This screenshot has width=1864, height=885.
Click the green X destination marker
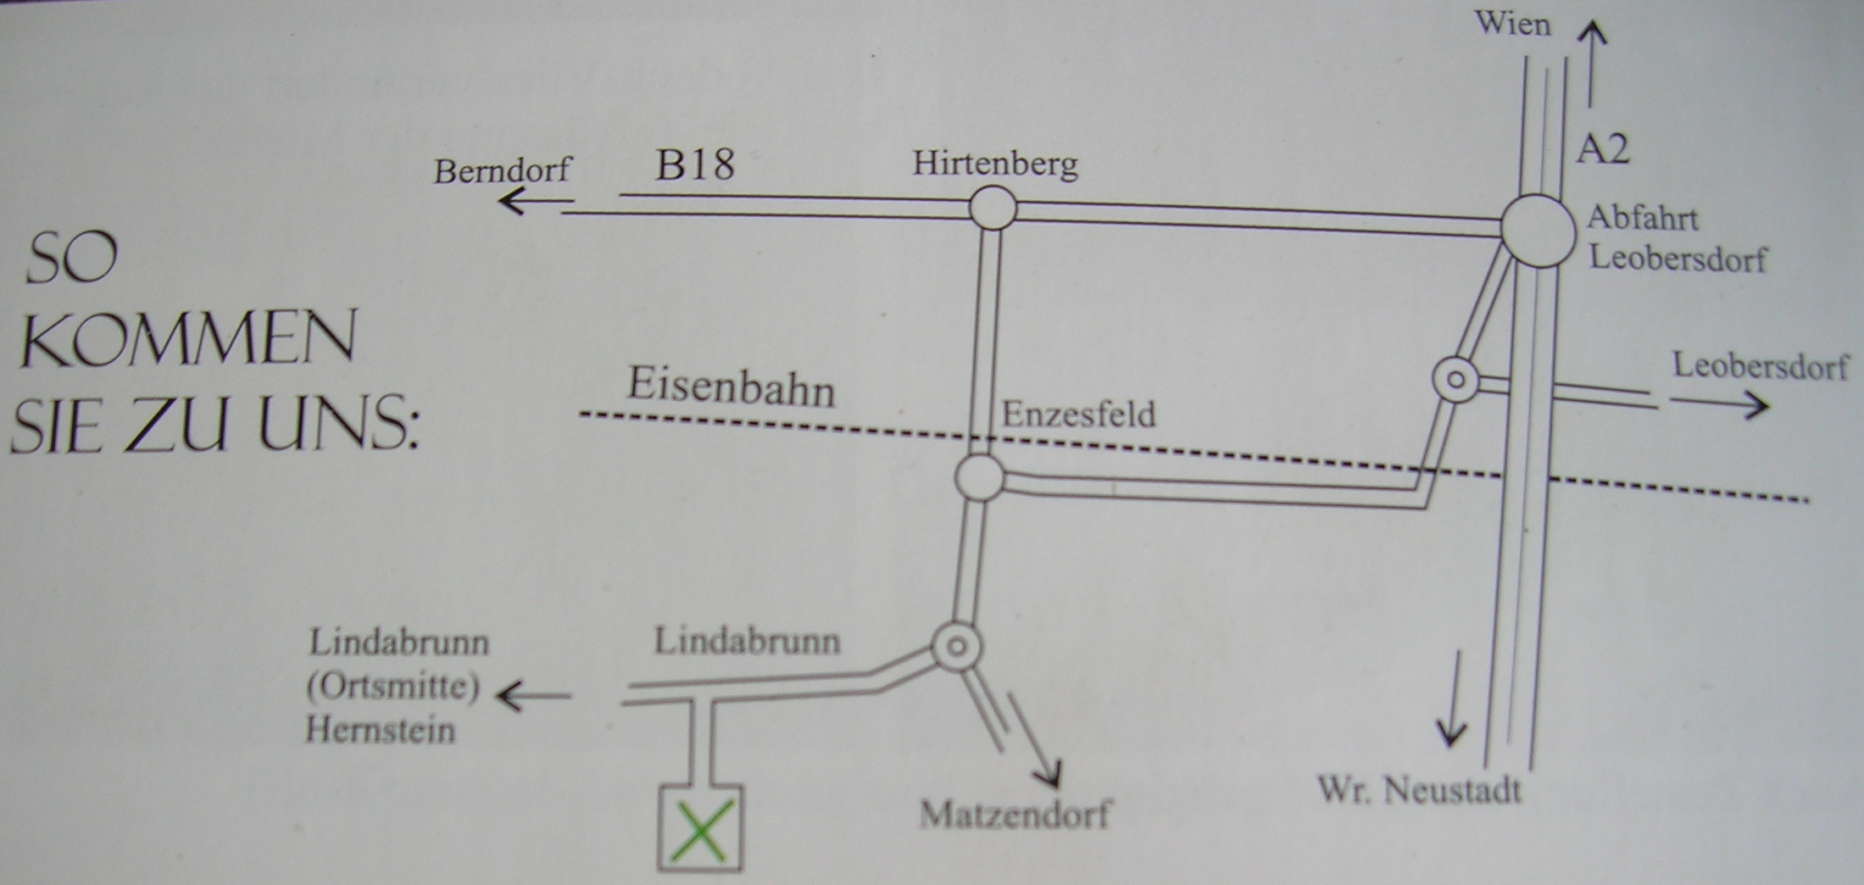click(x=701, y=830)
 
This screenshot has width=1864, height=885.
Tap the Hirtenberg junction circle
click(x=993, y=208)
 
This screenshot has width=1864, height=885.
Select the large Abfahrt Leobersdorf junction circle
click(x=1538, y=231)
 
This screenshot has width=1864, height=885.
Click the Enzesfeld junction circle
click(x=980, y=477)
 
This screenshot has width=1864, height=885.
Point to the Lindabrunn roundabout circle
click(x=957, y=647)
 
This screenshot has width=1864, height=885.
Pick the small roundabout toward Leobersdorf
click(x=1455, y=379)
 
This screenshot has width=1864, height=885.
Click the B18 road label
click(x=694, y=164)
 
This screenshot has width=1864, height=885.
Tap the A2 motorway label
click(x=1602, y=149)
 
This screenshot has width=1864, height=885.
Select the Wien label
click(x=1513, y=24)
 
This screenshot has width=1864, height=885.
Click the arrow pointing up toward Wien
click(x=1592, y=64)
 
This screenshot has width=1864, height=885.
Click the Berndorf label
click(x=503, y=171)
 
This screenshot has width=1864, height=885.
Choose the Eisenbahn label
click(x=731, y=388)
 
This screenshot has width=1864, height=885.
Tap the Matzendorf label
click(x=1015, y=815)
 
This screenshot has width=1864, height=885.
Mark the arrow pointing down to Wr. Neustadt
click(x=1451, y=697)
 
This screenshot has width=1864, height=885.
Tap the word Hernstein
click(x=380, y=730)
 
